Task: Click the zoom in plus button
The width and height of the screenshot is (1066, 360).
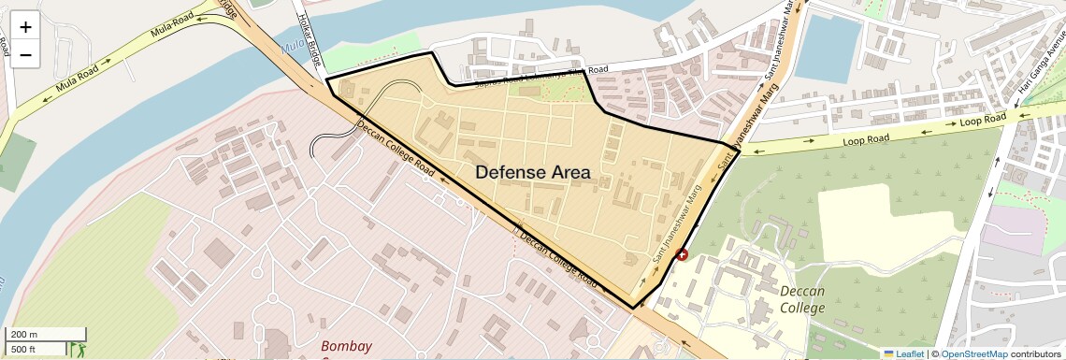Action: click(x=25, y=26)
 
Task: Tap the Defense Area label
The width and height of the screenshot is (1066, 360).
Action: click(x=533, y=172)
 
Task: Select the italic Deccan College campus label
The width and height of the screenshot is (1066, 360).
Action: click(x=802, y=299)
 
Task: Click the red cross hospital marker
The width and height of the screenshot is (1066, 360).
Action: click(x=681, y=254)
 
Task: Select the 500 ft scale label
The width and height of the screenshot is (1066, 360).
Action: click(x=24, y=349)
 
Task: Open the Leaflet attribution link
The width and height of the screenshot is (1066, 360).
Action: click(x=904, y=353)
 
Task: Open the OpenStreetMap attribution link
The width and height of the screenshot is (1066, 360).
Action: click(x=973, y=353)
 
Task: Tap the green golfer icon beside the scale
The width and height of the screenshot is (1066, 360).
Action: click(x=79, y=350)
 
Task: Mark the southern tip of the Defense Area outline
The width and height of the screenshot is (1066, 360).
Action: click(x=635, y=308)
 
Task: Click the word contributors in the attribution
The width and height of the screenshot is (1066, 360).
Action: click(x=1037, y=353)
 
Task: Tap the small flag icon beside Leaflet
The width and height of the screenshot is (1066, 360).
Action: click(x=888, y=353)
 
